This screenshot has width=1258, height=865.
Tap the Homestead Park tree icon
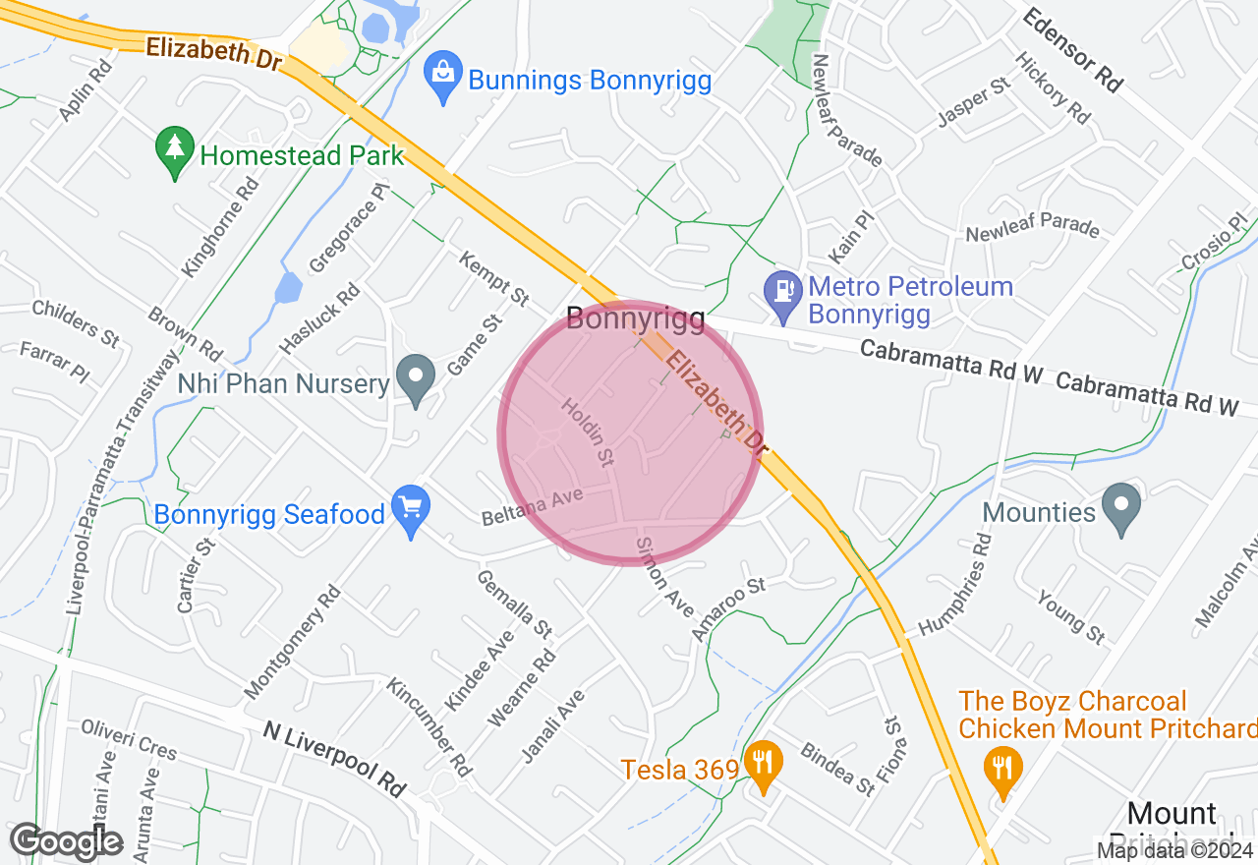(x=175, y=153)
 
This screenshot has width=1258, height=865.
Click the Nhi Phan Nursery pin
(x=416, y=380)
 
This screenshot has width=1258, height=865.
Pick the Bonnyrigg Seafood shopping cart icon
(x=411, y=511)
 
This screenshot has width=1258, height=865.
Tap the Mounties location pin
(x=1121, y=509)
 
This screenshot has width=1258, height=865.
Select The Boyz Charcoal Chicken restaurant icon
(x=1001, y=770)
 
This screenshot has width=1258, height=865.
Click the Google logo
(x=66, y=842)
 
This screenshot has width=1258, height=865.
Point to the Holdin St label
(x=588, y=432)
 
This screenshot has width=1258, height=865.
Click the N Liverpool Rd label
(x=335, y=759)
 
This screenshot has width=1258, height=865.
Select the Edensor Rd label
(x=1072, y=50)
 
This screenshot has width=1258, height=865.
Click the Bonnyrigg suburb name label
(x=635, y=318)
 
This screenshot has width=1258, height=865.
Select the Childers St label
(x=76, y=322)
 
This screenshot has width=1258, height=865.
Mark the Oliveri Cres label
(x=129, y=738)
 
